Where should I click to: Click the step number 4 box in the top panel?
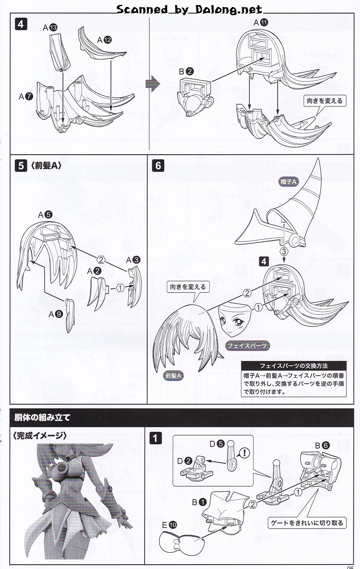click(x=21, y=24)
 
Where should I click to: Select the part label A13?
click(x=50, y=28)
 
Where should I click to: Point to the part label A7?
click(x=26, y=96)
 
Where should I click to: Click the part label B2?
click(x=186, y=72)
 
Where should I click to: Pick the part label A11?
click(x=261, y=23)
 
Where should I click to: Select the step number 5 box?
click(x=21, y=166)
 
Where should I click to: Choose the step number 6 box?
click(x=158, y=166)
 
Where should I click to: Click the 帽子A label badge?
click(x=289, y=182)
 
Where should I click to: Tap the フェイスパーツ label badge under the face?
click(x=247, y=346)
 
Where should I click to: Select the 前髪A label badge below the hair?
click(x=173, y=376)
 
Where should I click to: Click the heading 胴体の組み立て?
click(x=42, y=417)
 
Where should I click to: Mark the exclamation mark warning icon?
click(x=244, y=452)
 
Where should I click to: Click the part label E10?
click(x=169, y=525)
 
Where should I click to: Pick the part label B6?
click(x=322, y=445)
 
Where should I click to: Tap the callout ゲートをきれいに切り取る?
click(x=307, y=523)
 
